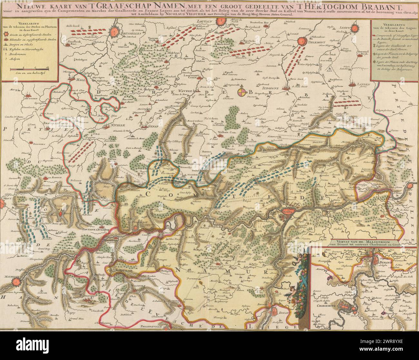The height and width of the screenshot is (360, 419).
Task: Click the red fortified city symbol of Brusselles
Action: click(114, 32)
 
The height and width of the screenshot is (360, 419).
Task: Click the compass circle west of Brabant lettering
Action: click(242, 93)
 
